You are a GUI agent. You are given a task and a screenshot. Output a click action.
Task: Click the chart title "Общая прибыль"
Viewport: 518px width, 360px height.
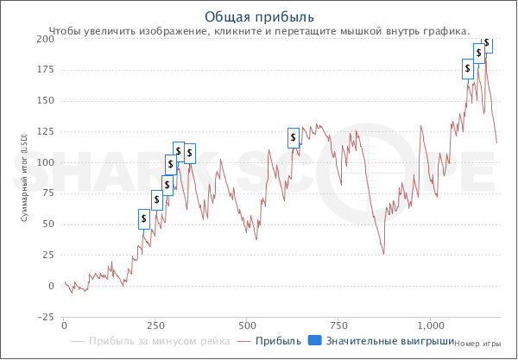pos(259,17)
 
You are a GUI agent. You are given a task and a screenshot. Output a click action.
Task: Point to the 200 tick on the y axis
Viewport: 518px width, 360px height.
pos(43,39)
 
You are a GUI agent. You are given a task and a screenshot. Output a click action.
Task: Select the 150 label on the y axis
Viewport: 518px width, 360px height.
pos(43,101)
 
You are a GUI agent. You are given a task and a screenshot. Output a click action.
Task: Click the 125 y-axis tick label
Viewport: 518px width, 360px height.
pos(43,132)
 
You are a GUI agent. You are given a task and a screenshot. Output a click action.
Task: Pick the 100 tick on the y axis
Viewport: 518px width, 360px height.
pos(43,162)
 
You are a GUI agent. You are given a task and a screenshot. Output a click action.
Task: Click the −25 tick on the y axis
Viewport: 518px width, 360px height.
pos(41,317)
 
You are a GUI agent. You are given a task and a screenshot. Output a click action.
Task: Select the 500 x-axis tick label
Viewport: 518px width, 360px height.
pos(248,325)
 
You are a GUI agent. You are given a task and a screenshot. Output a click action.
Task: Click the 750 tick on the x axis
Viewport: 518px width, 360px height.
pos(339,325)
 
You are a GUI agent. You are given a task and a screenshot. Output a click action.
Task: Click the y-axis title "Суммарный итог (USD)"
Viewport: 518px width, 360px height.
pos(25,177)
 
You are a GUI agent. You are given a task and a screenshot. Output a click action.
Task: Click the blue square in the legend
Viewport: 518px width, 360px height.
pos(314,341)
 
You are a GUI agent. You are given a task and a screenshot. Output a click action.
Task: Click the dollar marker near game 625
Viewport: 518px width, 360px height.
pos(294,136)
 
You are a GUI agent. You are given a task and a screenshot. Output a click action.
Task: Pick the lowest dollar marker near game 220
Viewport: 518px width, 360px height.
pos(145,219)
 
